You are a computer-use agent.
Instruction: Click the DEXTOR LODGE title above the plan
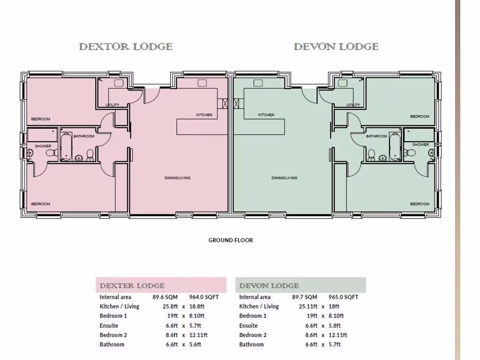pos(126,47)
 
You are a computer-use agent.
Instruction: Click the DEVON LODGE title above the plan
pos(336,47)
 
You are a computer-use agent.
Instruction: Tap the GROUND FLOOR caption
pos(231,240)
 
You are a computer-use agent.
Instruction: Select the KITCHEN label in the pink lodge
pos(204,115)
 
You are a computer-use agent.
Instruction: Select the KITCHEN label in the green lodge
pos(266,115)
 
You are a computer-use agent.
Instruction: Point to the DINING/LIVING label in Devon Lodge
pos(284,178)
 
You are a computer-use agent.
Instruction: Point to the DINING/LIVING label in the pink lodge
pos(177,178)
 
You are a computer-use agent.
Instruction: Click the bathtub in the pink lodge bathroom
pos(65,146)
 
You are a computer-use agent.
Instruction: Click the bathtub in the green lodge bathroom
pos(395,146)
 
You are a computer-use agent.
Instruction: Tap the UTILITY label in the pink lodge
pos(112,105)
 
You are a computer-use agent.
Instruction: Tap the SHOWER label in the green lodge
pos(420,144)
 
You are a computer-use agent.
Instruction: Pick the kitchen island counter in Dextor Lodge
pos(197,126)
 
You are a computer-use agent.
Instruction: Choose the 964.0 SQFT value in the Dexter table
pos(204,297)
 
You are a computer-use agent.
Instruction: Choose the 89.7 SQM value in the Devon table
pos(304,297)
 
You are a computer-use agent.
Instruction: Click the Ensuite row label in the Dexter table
pos(109,325)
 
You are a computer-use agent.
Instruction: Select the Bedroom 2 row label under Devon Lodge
pos(253,335)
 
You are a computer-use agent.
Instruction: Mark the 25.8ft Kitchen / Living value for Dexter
pos(170,306)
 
